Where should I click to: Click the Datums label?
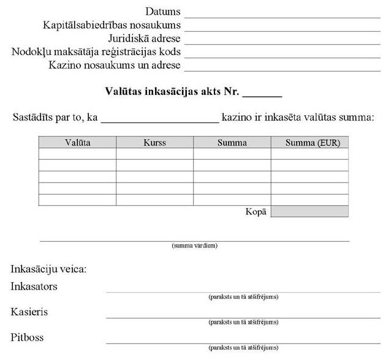pos(163,12)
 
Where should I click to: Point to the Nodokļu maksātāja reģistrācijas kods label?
pos(96,52)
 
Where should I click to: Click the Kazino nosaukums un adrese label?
pos(115,66)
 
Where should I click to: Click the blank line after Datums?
pos(282,15)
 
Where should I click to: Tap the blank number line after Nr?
pos(262,96)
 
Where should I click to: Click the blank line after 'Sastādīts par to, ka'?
pos(160,119)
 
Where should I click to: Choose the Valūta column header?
pos(78,143)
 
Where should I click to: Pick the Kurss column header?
pos(155,143)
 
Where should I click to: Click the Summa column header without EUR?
pos(232,143)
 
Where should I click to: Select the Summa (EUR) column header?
pos(309,143)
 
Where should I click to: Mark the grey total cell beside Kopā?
pos(309,211)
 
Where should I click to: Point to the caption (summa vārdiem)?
pos(195,246)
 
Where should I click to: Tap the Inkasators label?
pos(39,287)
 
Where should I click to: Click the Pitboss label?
pos(28,337)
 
